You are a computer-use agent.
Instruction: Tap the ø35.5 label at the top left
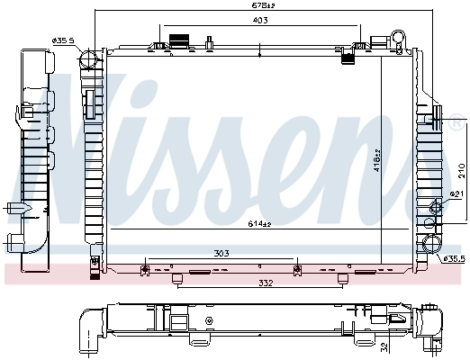(x=63, y=40)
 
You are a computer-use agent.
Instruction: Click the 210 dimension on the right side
(x=460, y=168)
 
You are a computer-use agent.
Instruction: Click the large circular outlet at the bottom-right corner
(x=430, y=245)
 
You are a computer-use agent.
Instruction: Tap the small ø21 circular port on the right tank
(x=438, y=208)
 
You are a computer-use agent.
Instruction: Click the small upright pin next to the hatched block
(x=207, y=40)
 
